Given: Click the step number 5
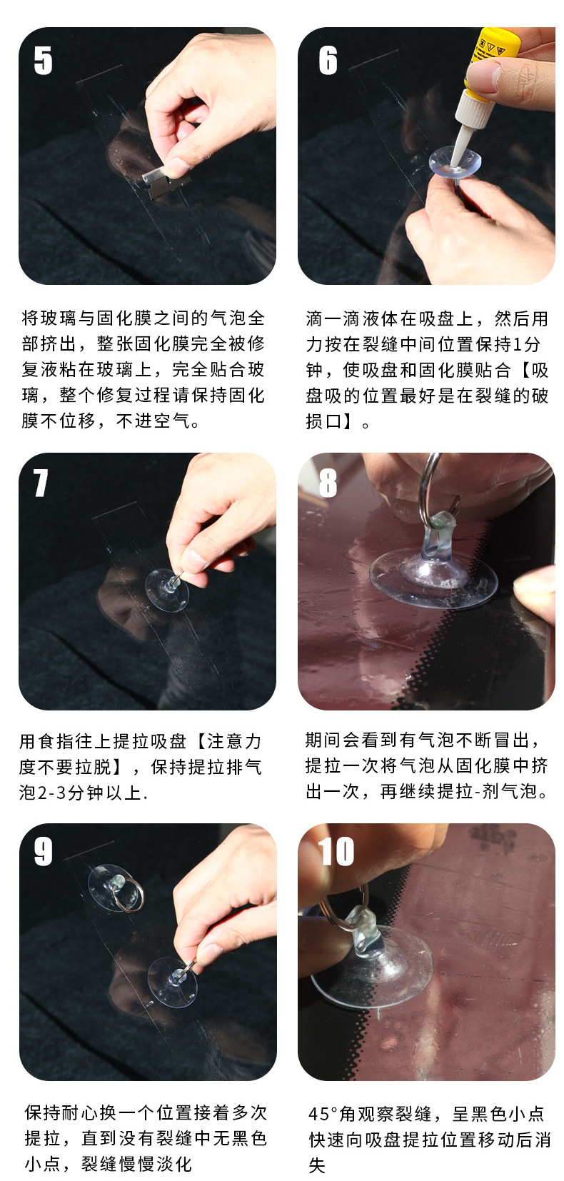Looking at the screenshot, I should (x=43, y=60).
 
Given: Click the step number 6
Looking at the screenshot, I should (x=328, y=60).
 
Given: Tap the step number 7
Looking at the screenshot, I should (x=41, y=483).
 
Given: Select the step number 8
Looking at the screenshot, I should (x=327, y=483).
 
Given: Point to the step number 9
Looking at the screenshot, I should (x=43, y=851).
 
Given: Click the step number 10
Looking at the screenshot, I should (x=336, y=851).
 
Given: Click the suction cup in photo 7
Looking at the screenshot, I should (x=166, y=590).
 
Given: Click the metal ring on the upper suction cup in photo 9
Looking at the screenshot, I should (x=131, y=895).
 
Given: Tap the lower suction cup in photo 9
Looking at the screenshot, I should (x=172, y=982).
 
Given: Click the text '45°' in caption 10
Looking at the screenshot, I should (x=326, y=1114).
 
